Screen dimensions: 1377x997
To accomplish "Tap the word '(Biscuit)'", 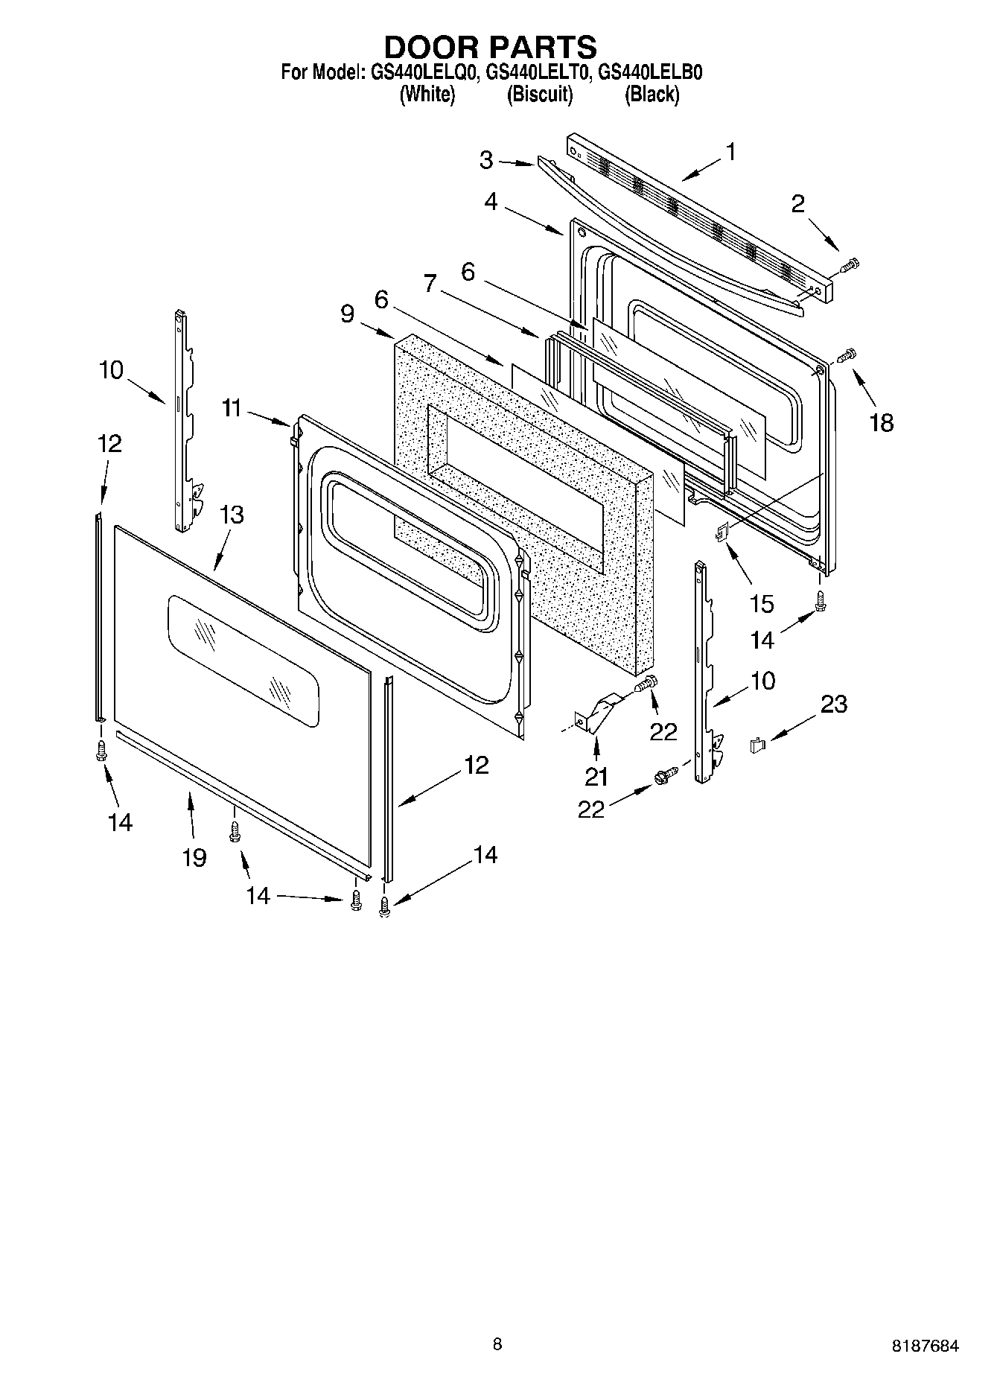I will point(540,95).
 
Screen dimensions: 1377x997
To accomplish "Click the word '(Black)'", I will point(652,95).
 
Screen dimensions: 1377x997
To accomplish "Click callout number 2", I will point(798,203).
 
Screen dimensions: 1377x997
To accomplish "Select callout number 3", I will point(486,159).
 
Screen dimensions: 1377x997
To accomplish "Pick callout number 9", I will point(348,314).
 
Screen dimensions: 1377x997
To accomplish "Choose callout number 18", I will point(882,423).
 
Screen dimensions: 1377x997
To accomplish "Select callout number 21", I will point(596,777).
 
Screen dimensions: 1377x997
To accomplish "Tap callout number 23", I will point(834,704).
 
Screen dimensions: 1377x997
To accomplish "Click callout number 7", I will point(430,283).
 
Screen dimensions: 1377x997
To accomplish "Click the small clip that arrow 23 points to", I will point(758,744).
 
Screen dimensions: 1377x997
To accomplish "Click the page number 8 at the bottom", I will point(497,1344).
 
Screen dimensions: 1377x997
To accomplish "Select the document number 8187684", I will point(925,1346).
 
